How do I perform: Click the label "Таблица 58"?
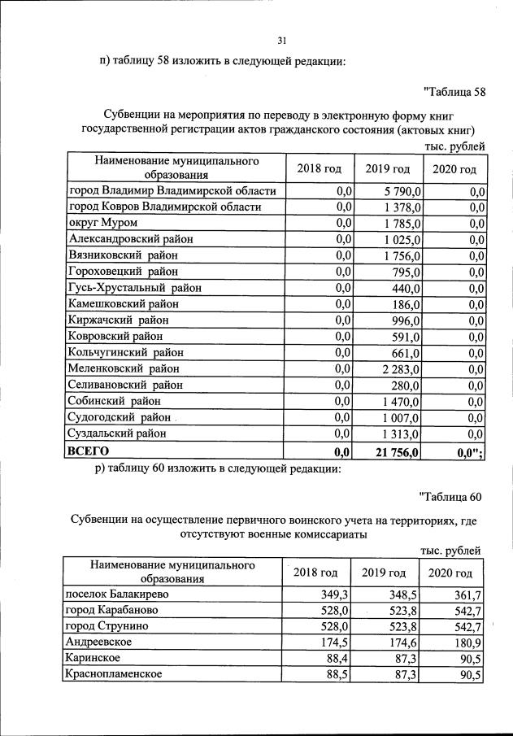pos(454,91)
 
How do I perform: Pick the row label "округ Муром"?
pos(103,223)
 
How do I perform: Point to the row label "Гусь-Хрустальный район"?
pos(135,287)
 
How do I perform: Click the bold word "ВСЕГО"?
pos(89,450)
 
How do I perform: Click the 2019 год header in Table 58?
pos(387,168)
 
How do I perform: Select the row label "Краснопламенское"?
pos(115,674)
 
